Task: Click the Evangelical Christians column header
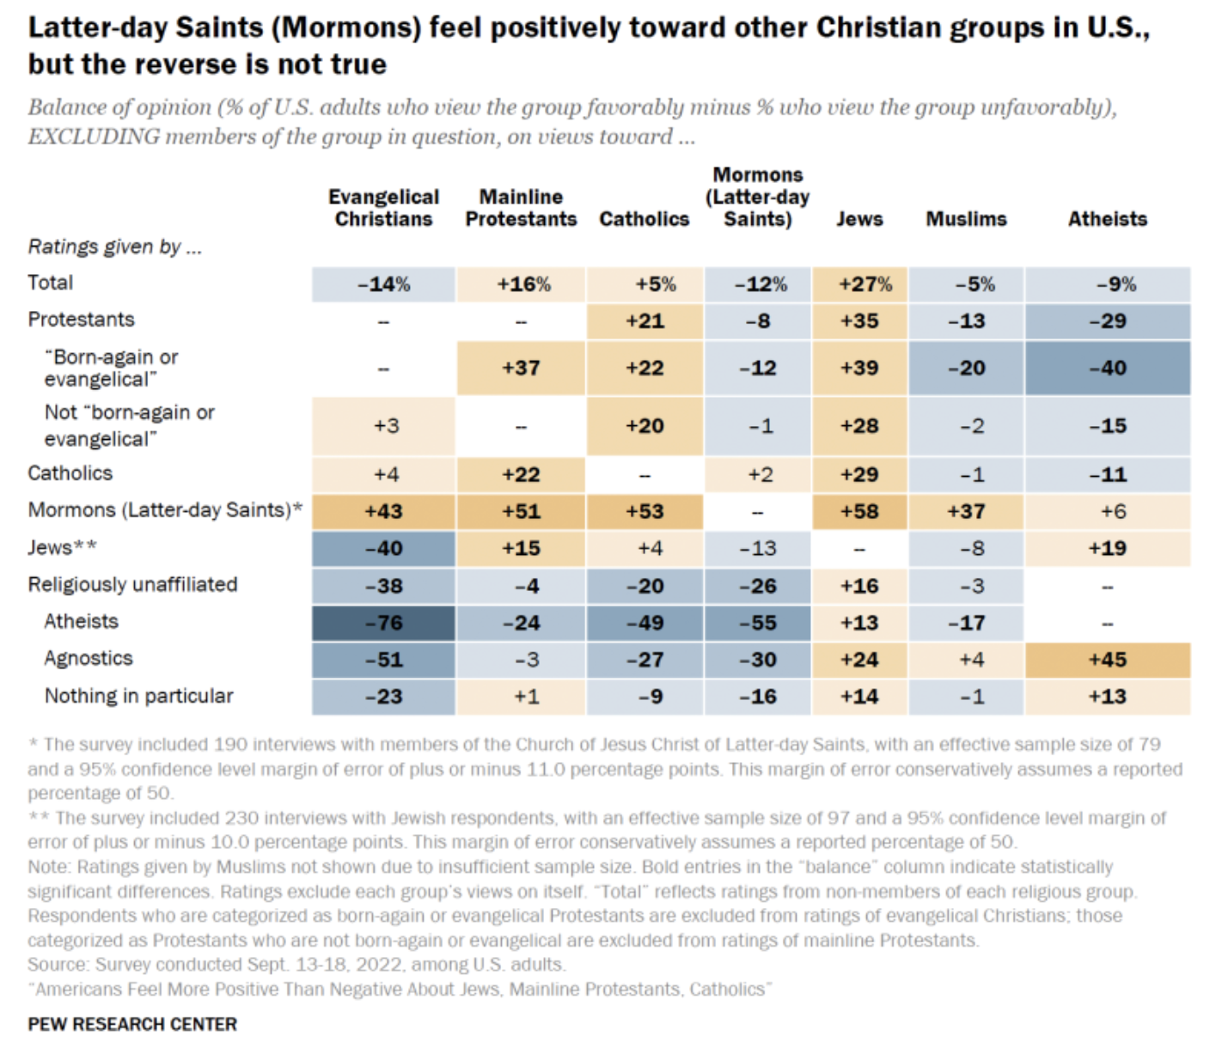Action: pyautogui.click(x=383, y=208)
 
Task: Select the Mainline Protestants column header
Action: pyautogui.click(x=521, y=208)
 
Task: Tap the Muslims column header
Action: pyautogui.click(x=966, y=219)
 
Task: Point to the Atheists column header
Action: pyautogui.click(x=1107, y=219)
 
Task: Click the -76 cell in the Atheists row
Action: pyautogui.click(x=383, y=623)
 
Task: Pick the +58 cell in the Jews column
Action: pyautogui.click(x=859, y=511)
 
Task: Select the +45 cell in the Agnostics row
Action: pyautogui.click(x=1107, y=660)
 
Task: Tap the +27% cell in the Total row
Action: pyautogui.click(x=859, y=284)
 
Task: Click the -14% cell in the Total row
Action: pyautogui.click(x=383, y=284)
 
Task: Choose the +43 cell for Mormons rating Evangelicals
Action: pyautogui.click(x=383, y=511)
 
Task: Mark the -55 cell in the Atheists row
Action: pyautogui.click(x=757, y=623)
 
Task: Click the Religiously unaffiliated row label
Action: pyautogui.click(x=132, y=585)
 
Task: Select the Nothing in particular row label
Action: pyautogui.click(x=138, y=696)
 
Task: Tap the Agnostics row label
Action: pyautogui.click(x=89, y=659)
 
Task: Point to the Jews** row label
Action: pyautogui.click(x=62, y=548)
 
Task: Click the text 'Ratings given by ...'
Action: pyautogui.click(x=114, y=247)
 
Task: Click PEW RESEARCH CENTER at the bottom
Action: pyautogui.click(x=132, y=1024)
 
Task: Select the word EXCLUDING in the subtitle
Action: pyautogui.click(x=94, y=137)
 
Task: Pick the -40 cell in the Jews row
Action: pyautogui.click(x=383, y=548)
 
